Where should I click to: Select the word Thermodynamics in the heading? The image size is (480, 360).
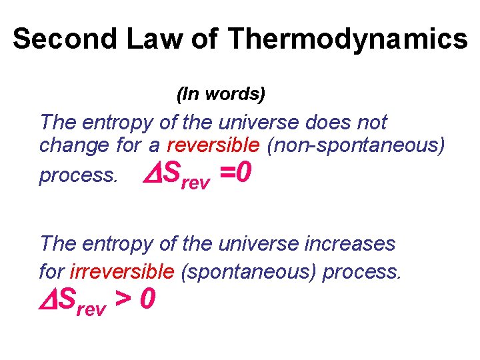[x=347, y=39]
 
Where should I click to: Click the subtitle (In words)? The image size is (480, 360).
[x=221, y=95]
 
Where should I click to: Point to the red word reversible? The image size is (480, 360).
[x=213, y=144]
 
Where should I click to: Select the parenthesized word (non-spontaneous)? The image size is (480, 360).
[x=356, y=144]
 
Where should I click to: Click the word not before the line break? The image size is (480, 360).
[x=372, y=123]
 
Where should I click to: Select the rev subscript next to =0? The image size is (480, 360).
[x=195, y=183]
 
